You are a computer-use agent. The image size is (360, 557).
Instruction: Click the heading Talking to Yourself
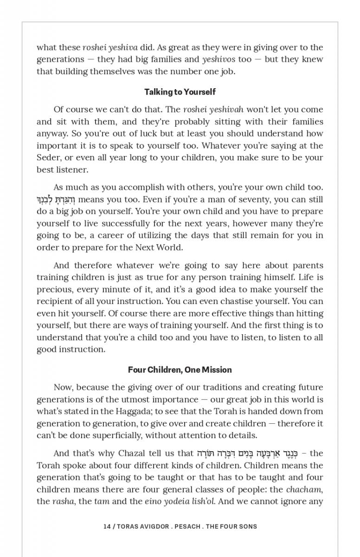pyautogui.click(x=180, y=92)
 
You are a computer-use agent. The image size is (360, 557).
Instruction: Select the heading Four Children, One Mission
pyautogui.click(x=180, y=370)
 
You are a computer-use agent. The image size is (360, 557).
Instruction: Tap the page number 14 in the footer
pyautogui.click(x=107, y=526)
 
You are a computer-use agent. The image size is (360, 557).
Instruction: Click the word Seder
pyautogui.click(x=48, y=158)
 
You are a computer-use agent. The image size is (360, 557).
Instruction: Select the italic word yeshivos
pyautogui.click(x=219, y=59)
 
